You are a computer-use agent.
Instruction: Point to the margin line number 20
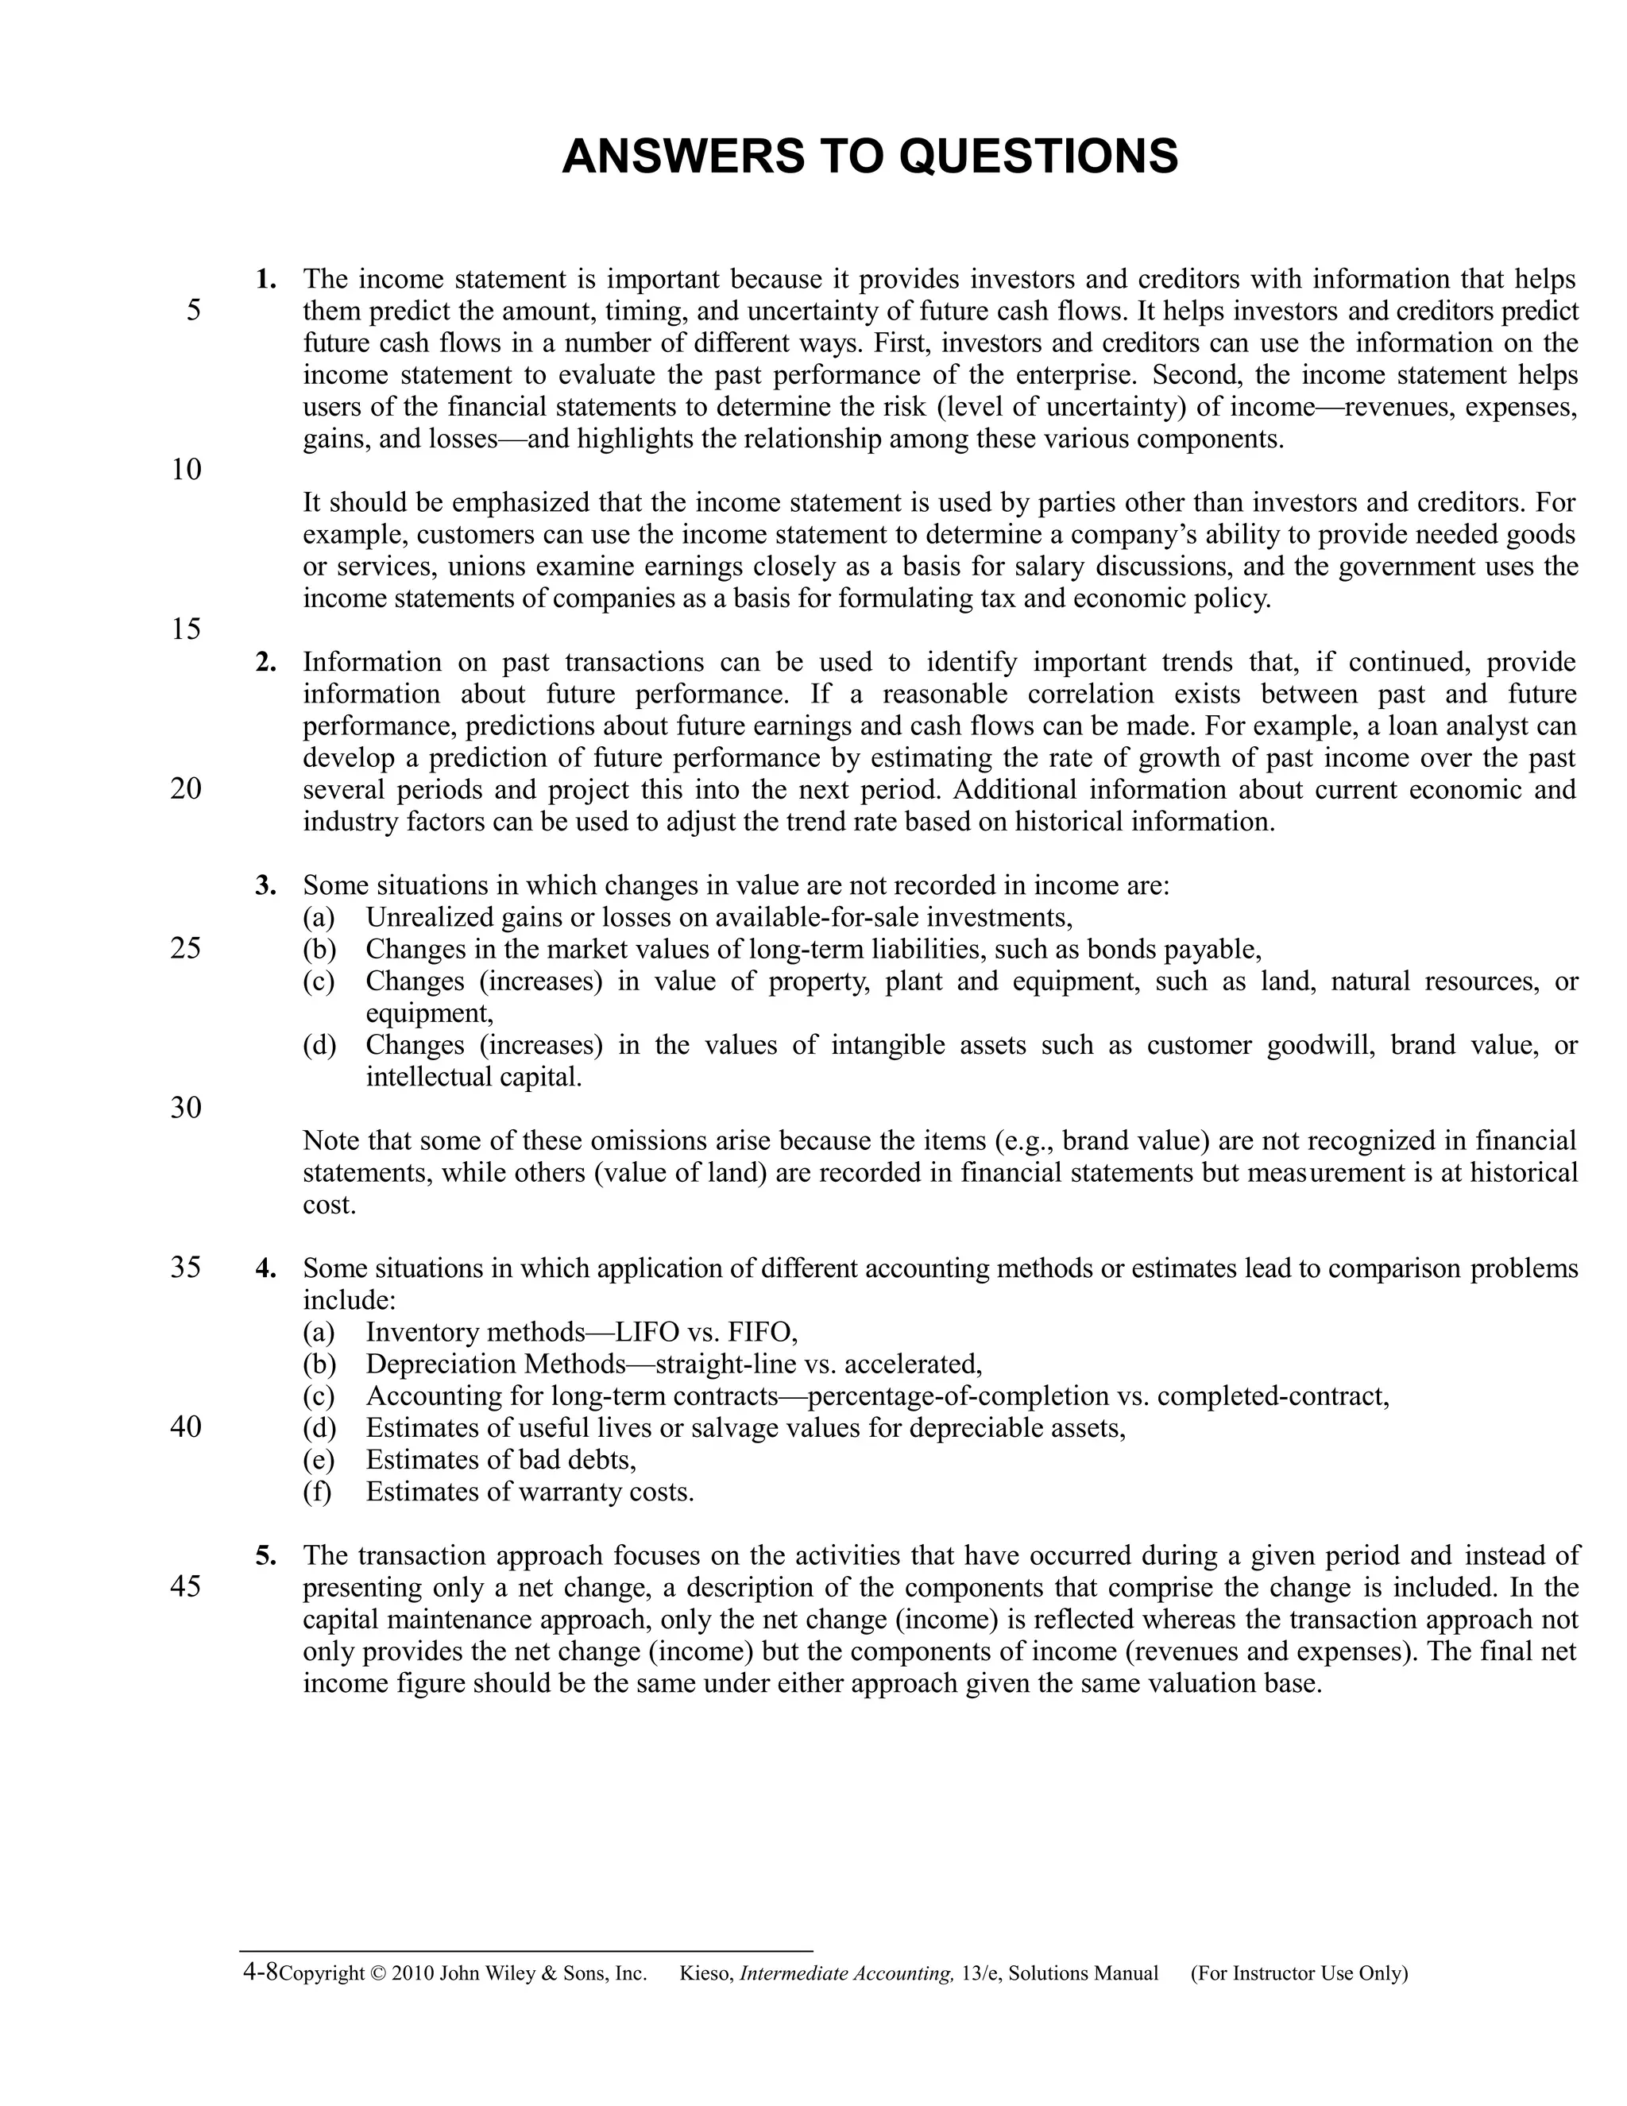tap(186, 789)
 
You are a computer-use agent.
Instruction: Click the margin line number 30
tap(186, 1107)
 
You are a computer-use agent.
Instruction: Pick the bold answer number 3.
tap(265, 885)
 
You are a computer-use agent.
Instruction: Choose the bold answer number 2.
tap(265, 663)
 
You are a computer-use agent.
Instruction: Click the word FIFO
tap(760, 1333)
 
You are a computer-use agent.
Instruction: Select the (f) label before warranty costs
tap(317, 1492)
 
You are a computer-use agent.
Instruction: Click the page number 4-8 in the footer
tap(261, 1971)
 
